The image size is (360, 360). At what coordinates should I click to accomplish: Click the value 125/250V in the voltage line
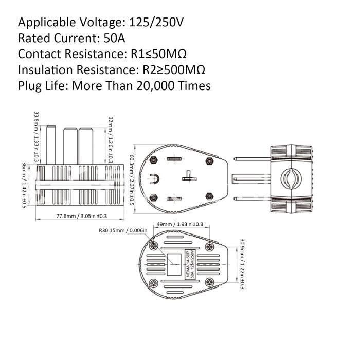[x=156, y=23]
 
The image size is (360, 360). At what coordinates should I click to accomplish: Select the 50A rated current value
[x=114, y=38]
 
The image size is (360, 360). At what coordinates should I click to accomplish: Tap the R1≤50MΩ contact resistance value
[x=158, y=54]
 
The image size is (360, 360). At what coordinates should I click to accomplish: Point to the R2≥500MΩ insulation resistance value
[x=174, y=70]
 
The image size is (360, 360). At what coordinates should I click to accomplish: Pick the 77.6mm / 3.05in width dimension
[x=82, y=216]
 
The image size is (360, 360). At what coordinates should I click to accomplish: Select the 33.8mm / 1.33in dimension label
[x=37, y=136]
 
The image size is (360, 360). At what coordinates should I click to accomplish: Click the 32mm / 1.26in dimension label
[x=111, y=140]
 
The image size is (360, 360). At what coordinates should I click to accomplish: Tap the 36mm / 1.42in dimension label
[x=24, y=185]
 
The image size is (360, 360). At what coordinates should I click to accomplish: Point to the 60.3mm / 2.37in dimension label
[x=132, y=180]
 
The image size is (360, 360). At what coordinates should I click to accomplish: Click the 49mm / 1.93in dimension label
[x=180, y=224]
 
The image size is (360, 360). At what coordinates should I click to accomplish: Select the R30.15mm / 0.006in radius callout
[x=123, y=230]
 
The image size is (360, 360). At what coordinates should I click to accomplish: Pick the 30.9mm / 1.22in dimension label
[x=242, y=264]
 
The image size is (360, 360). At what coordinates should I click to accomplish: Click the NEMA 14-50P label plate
[x=190, y=265]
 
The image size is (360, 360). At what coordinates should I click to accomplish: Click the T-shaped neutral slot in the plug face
[x=189, y=176]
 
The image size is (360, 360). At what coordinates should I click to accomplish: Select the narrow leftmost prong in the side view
[x=51, y=145]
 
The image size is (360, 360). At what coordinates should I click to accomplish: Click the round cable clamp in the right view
[x=291, y=179]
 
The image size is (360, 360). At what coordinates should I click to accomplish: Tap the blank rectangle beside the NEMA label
[x=174, y=264]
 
